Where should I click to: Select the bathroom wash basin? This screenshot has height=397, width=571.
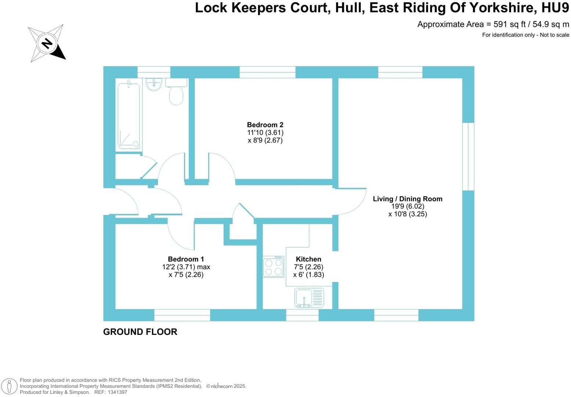pos(154,85)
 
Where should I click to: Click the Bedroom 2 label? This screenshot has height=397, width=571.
pos(265,125)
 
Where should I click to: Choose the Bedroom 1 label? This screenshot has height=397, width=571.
pos(186,259)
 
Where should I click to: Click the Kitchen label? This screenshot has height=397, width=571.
pos(308,259)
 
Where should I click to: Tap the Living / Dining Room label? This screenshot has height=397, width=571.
pos(407,199)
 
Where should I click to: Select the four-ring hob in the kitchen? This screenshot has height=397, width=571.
pos(273,267)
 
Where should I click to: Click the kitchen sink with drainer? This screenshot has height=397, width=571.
pos(309,298)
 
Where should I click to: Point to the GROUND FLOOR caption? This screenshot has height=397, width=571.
pos(140,332)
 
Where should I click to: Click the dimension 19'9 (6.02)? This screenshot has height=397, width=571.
pos(407,207)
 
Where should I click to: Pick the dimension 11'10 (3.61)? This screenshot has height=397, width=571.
pos(265,133)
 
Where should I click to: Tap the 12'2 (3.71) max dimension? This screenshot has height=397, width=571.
pos(186,267)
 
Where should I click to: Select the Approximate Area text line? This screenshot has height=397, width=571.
pos(493,25)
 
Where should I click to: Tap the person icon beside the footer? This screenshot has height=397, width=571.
pos(10,386)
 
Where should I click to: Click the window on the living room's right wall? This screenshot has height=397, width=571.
pos(468,157)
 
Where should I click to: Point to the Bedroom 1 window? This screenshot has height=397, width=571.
pos(182,315)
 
